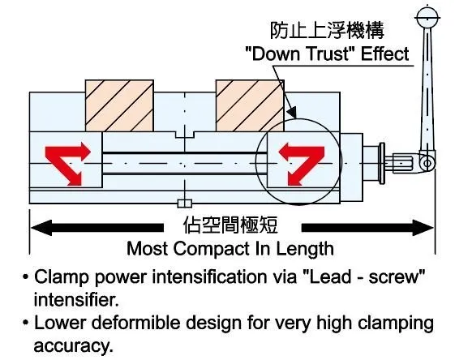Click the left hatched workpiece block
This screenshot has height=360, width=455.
tap(119, 105)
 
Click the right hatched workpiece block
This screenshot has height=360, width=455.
tap(250, 105)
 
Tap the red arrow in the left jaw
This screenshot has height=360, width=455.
tap(68, 163)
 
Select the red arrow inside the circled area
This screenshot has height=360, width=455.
tap(302, 163)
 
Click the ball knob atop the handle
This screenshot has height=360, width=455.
tap(427, 17)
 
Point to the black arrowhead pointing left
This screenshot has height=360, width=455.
tap(41, 228)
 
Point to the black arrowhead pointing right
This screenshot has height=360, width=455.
tap(423, 228)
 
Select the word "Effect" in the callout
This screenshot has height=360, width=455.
tap(384, 54)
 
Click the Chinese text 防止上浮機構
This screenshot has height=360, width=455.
tap(327, 30)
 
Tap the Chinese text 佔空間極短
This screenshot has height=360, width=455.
tap(230, 225)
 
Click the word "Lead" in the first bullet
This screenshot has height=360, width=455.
tap(329, 276)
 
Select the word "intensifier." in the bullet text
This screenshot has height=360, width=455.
tap(76, 299)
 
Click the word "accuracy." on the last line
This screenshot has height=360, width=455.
tap(73, 345)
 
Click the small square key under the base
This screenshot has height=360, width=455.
tap(185, 204)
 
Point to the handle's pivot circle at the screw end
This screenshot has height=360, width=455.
tap(427, 163)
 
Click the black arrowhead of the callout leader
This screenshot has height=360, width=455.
tap(292, 112)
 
